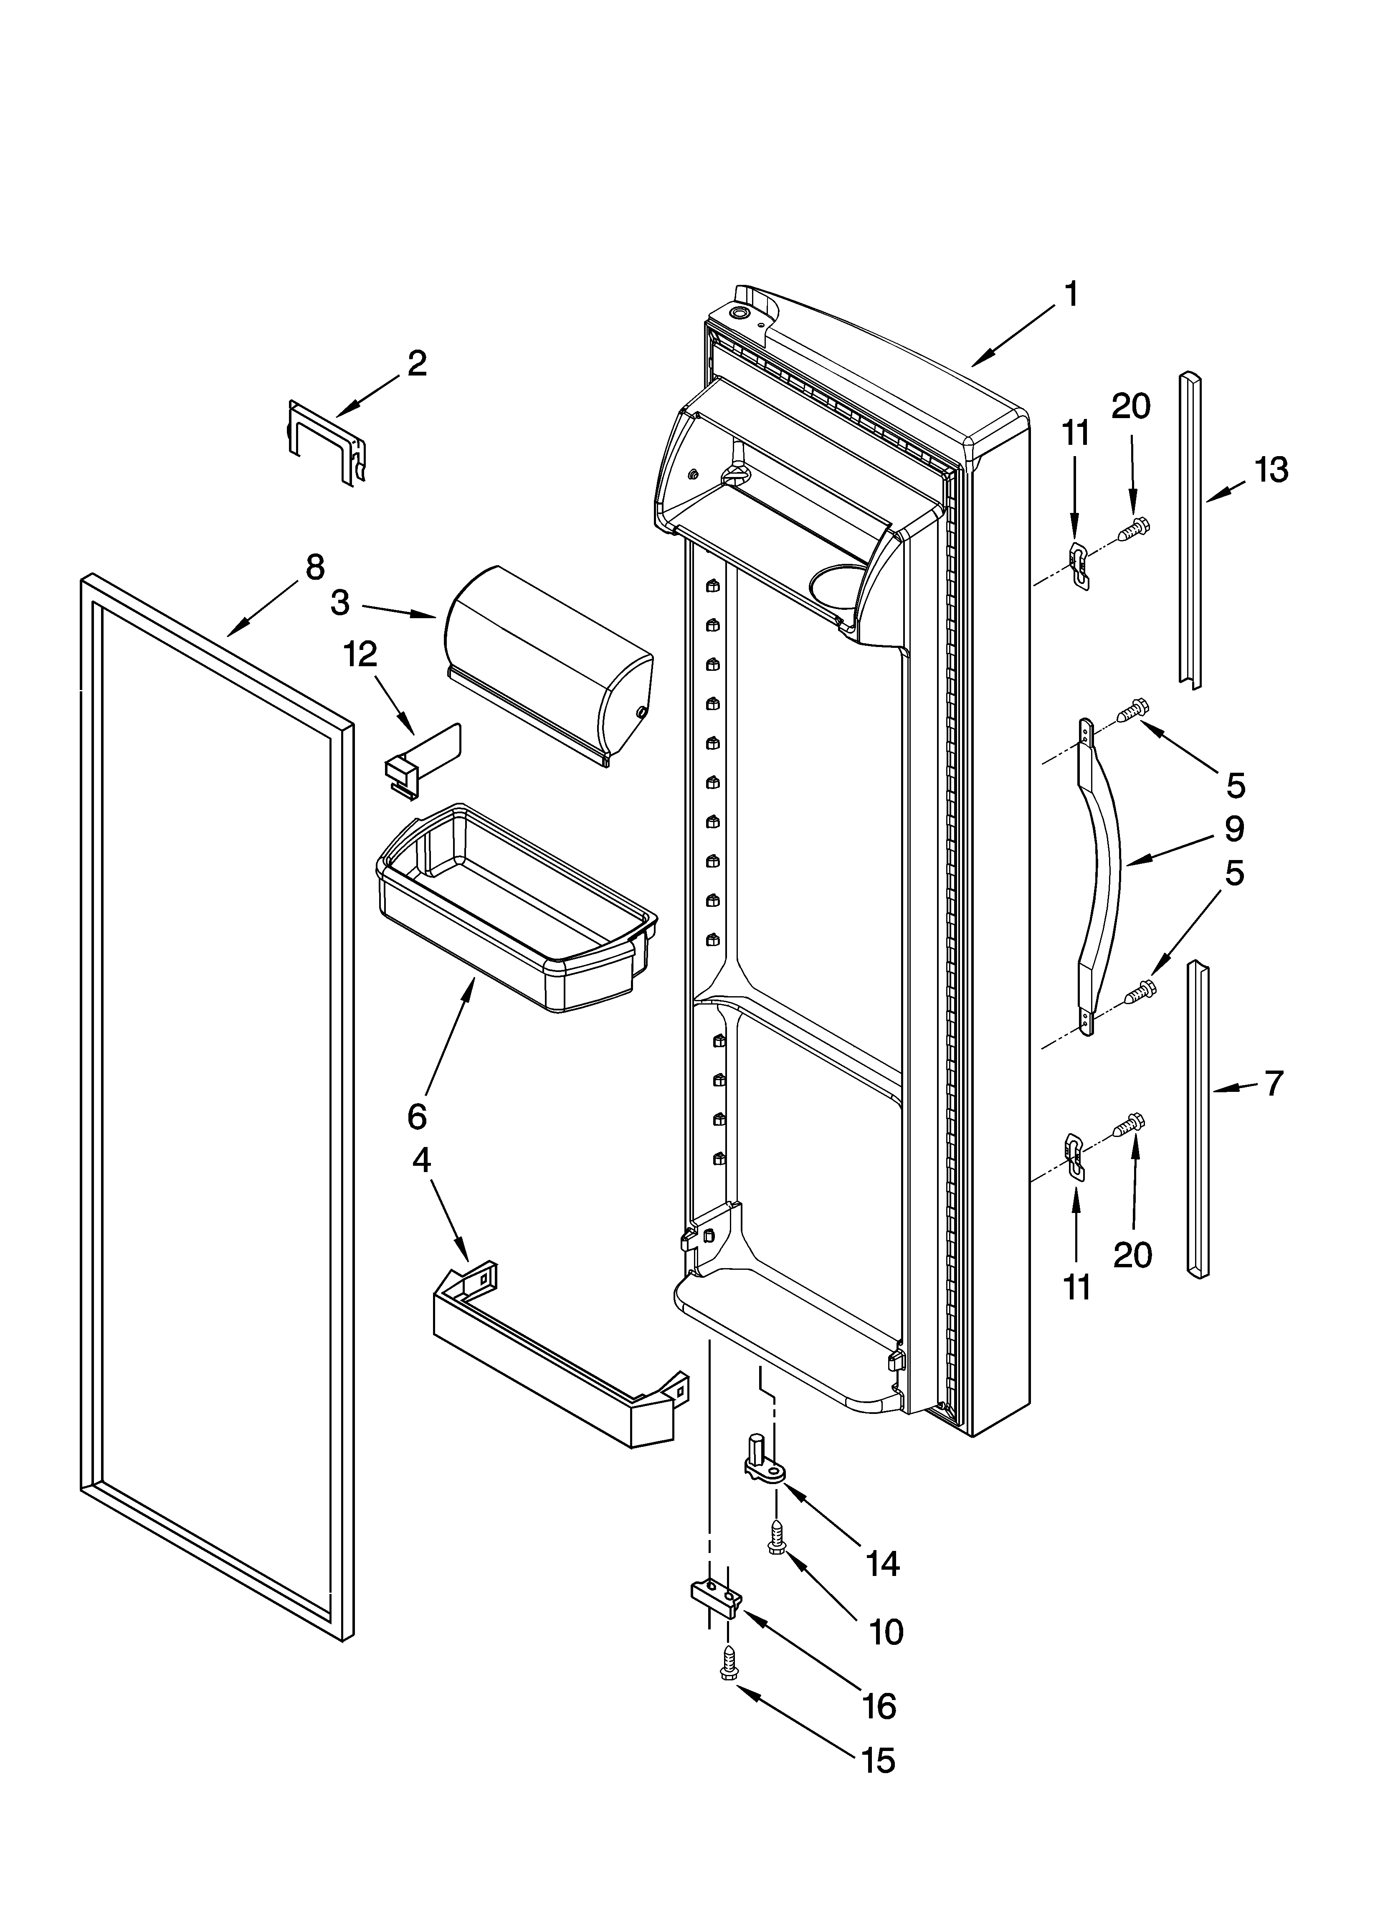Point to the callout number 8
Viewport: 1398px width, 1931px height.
314,567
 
